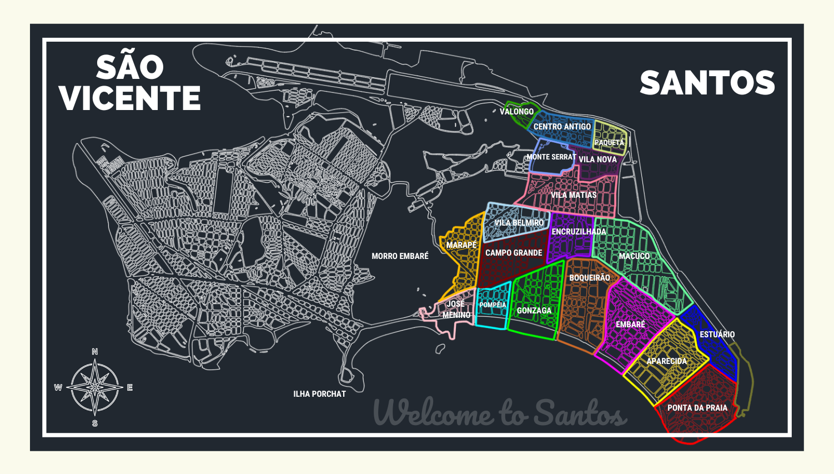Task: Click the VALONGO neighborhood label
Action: click(516, 112)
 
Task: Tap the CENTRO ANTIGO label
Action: click(562, 127)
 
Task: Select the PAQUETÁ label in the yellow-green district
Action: click(609, 143)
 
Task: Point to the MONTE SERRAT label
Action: click(551, 157)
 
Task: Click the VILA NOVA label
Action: click(597, 159)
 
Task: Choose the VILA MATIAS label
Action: click(574, 195)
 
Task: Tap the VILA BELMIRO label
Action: click(519, 223)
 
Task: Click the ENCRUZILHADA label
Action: click(579, 232)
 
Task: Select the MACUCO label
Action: click(634, 256)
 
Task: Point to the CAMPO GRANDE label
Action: click(514, 253)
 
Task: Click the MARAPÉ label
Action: click(461, 245)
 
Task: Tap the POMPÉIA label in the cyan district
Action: click(493, 305)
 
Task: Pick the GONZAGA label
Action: click(534, 311)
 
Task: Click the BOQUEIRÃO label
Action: click(589, 278)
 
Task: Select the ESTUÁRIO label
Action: click(717, 335)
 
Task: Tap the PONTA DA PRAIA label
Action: click(697, 408)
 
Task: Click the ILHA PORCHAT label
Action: click(319, 394)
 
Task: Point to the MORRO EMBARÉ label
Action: click(400, 256)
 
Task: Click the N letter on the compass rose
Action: click(95, 352)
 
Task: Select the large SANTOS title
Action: click(707, 83)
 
